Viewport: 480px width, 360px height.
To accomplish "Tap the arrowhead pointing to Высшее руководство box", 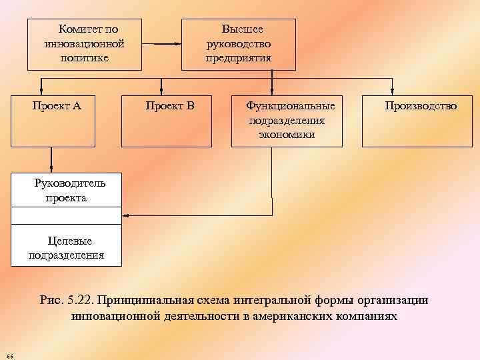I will pos(178,44).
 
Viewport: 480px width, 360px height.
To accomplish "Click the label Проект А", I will pos(57,105).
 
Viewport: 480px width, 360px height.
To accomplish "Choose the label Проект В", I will pos(170,105).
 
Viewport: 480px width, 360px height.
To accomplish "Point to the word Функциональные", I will pos(291,105).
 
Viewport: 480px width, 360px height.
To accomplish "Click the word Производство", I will pos(421,105).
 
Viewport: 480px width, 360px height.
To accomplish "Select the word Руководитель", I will pos(70,185).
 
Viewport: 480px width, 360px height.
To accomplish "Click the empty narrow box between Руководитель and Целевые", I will pos(67,215).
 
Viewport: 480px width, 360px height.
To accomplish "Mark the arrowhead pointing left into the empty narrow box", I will pos(126,215).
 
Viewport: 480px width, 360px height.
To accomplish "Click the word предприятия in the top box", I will pos(239,58).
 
